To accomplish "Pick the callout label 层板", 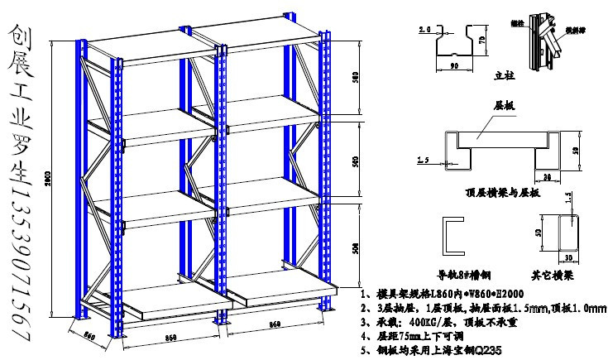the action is tap(504, 107).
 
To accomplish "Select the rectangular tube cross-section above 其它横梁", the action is tap(566, 234).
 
